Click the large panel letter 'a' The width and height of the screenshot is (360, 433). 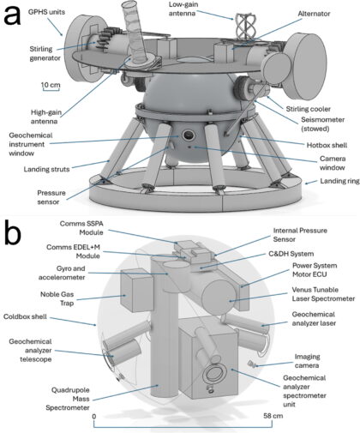click(12, 15)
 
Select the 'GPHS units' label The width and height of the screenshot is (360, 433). click(46, 12)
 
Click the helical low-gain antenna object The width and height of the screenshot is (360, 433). click(245, 27)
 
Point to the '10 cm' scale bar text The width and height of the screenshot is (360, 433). click(51, 85)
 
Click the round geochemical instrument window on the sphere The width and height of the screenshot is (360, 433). click(189, 135)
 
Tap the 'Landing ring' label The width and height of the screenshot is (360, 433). click(339, 181)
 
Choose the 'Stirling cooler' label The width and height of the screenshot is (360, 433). click(308, 109)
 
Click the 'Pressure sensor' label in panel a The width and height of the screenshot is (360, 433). click(48, 197)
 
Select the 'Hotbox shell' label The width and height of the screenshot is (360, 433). click(327, 145)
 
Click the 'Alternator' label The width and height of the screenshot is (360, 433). click(314, 14)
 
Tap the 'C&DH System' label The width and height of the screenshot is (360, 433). click(291, 254)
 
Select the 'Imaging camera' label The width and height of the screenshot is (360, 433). click(307, 361)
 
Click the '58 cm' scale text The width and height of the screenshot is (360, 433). click(273, 415)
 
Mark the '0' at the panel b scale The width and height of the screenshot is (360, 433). click(94, 416)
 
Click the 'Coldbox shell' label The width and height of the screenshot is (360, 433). click(25, 316)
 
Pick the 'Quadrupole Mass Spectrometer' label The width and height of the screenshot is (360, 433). click(68, 399)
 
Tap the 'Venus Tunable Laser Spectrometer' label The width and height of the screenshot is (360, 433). click(323, 294)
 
